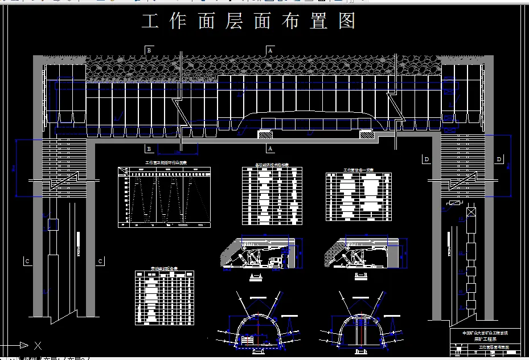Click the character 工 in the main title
pyautogui.click(x=150, y=22)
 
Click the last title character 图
pyautogui.click(x=347, y=22)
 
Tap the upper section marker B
pyautogui.click(x=149, y=50)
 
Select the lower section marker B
pyautogui.click(x=149, y=149)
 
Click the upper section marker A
pyautogui.click(x=270, y=50)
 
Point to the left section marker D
pyautogui.click(x=427, y=159)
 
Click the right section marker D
pyautogui.click(x=499, y=159)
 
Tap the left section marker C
pyautogui.click(x=27, y=261)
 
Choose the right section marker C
pyautogui.click(x=100, y=261)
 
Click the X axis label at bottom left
pyautogui.click(x=38, y=345)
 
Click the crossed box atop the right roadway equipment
pyautogui.click(x=471, y=213)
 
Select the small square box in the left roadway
pyautogui.click(x=54, y=223)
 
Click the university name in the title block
pyautogui.click(x=485, y=333)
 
